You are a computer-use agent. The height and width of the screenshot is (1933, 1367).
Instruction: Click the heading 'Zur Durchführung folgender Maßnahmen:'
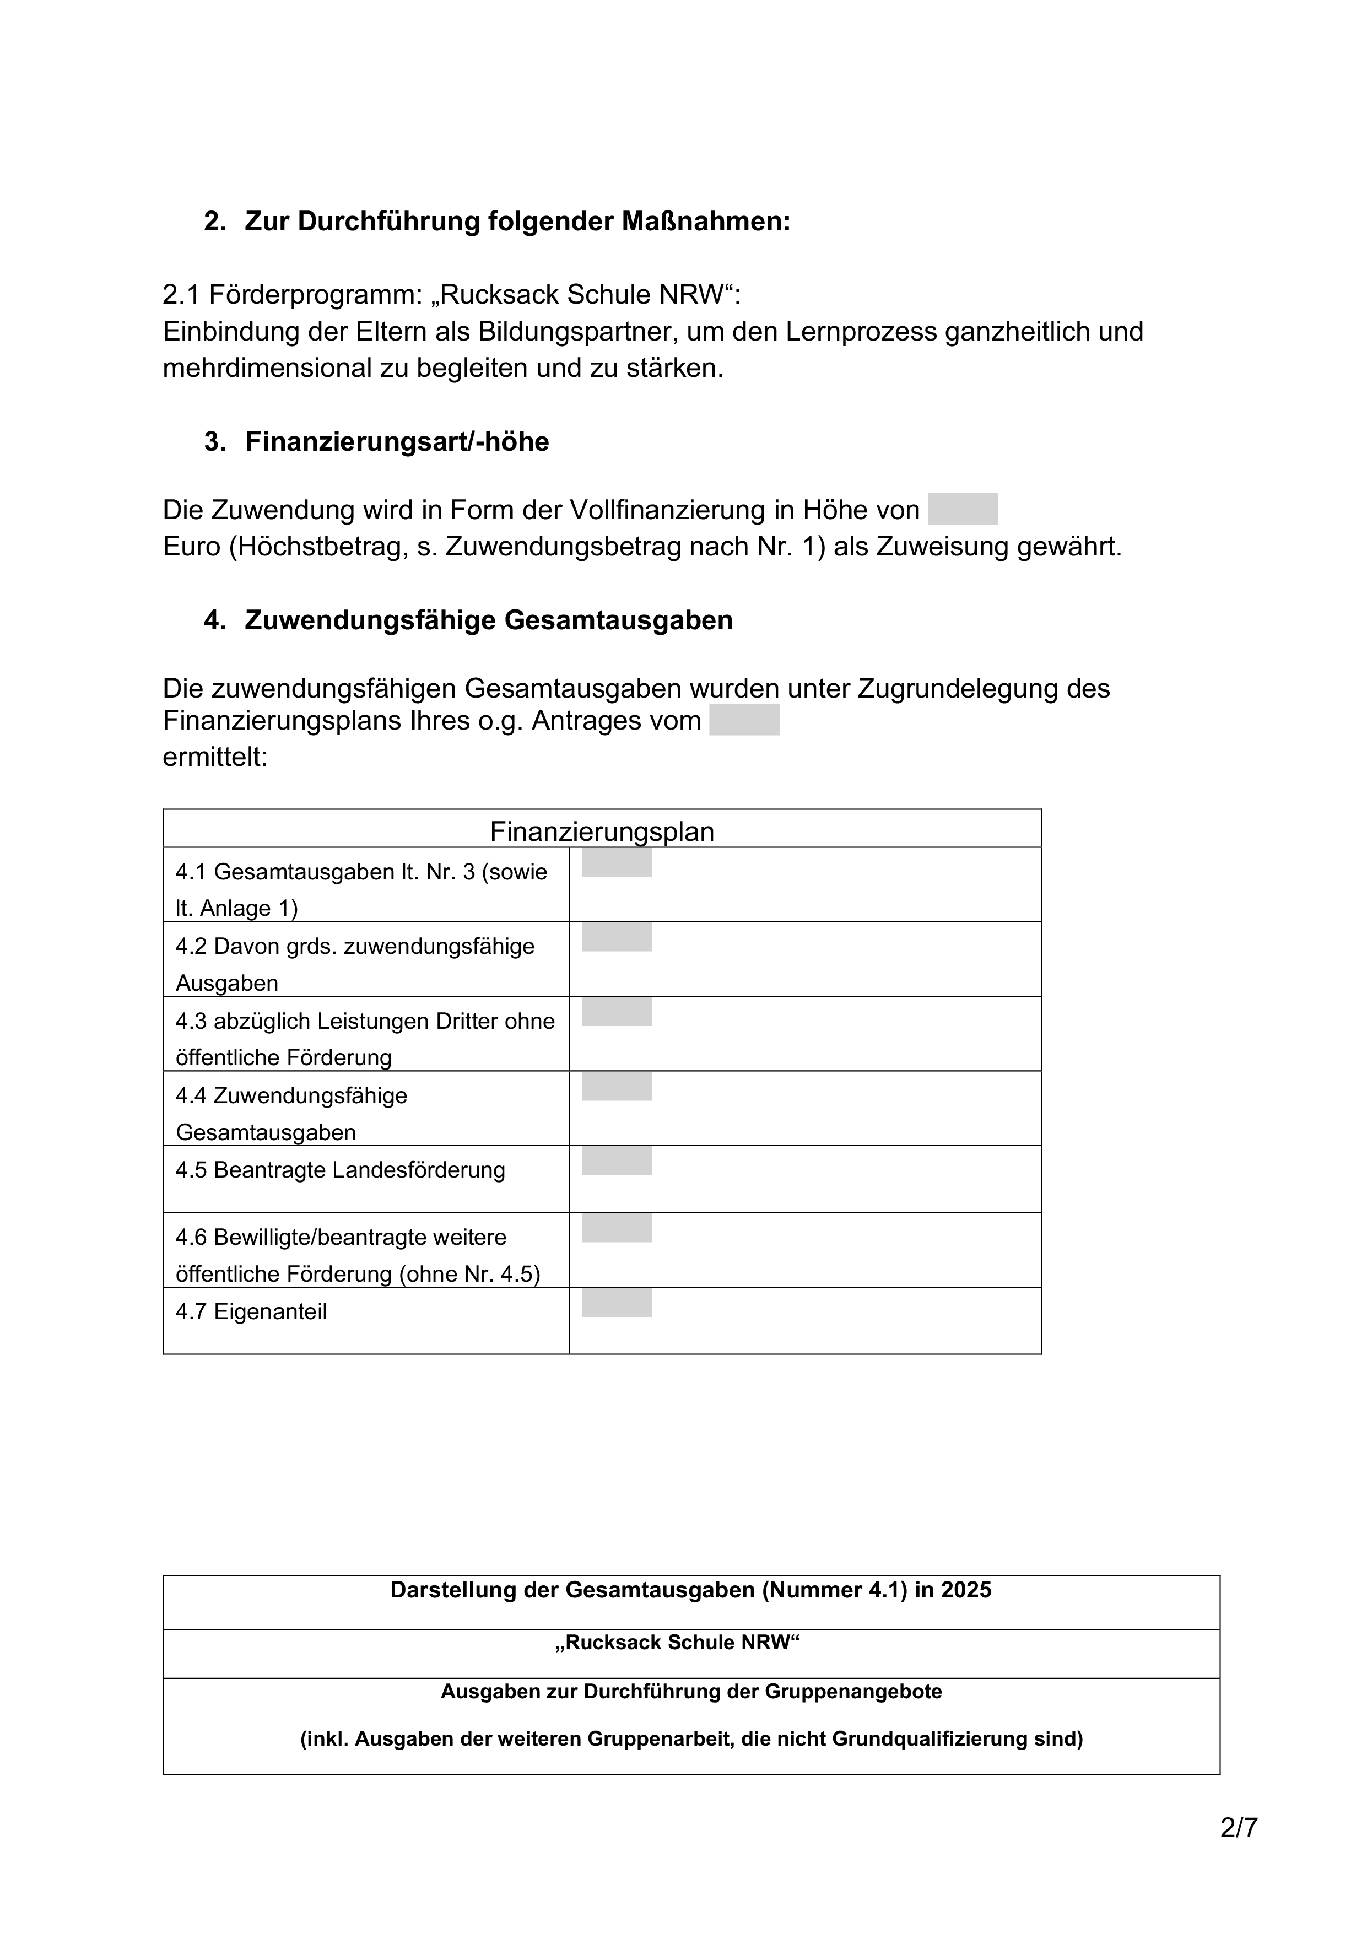(x=517, y=222)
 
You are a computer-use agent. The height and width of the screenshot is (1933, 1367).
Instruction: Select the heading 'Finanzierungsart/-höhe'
(x=397, y=442)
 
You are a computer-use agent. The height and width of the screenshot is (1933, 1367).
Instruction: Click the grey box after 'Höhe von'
(x=963, y=509)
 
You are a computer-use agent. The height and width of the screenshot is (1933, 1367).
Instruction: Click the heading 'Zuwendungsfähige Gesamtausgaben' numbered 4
(x=488, y=620)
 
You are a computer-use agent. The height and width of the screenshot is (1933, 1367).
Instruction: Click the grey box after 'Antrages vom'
(x=744, y=720)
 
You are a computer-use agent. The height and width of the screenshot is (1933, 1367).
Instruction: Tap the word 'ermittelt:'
(x=215, y=757)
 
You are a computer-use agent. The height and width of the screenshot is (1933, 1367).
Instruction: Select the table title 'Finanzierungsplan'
(x=602, y=832)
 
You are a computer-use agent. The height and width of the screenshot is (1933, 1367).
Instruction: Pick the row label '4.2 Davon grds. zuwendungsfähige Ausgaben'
(x=354, y=964)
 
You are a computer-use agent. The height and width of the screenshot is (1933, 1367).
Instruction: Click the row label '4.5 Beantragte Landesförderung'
(x=340, y=1170)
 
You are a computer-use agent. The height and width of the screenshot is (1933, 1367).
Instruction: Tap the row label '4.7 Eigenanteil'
(x=251, y=1311)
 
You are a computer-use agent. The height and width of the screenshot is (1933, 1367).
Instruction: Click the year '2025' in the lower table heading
(x=966, y=1590)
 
